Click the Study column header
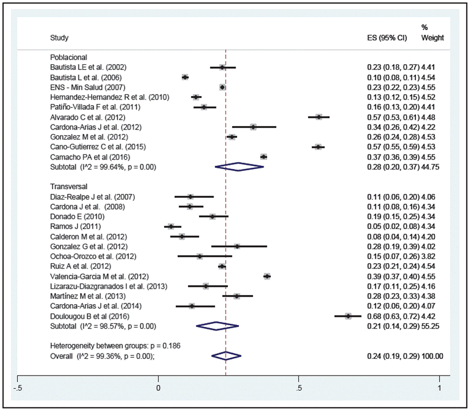point(60,38)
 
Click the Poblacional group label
point(68,57)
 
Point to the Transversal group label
point(68,187)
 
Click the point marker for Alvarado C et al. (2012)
point(319,117)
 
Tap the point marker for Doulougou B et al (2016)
point(348,316)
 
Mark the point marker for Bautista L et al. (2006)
point(185,77)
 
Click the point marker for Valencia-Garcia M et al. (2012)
point(267,277)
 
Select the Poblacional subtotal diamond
point(239,167)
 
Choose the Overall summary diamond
point(226,356)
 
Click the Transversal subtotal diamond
point(218,326)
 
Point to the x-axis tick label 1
point(440,388)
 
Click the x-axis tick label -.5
point(19,388)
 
